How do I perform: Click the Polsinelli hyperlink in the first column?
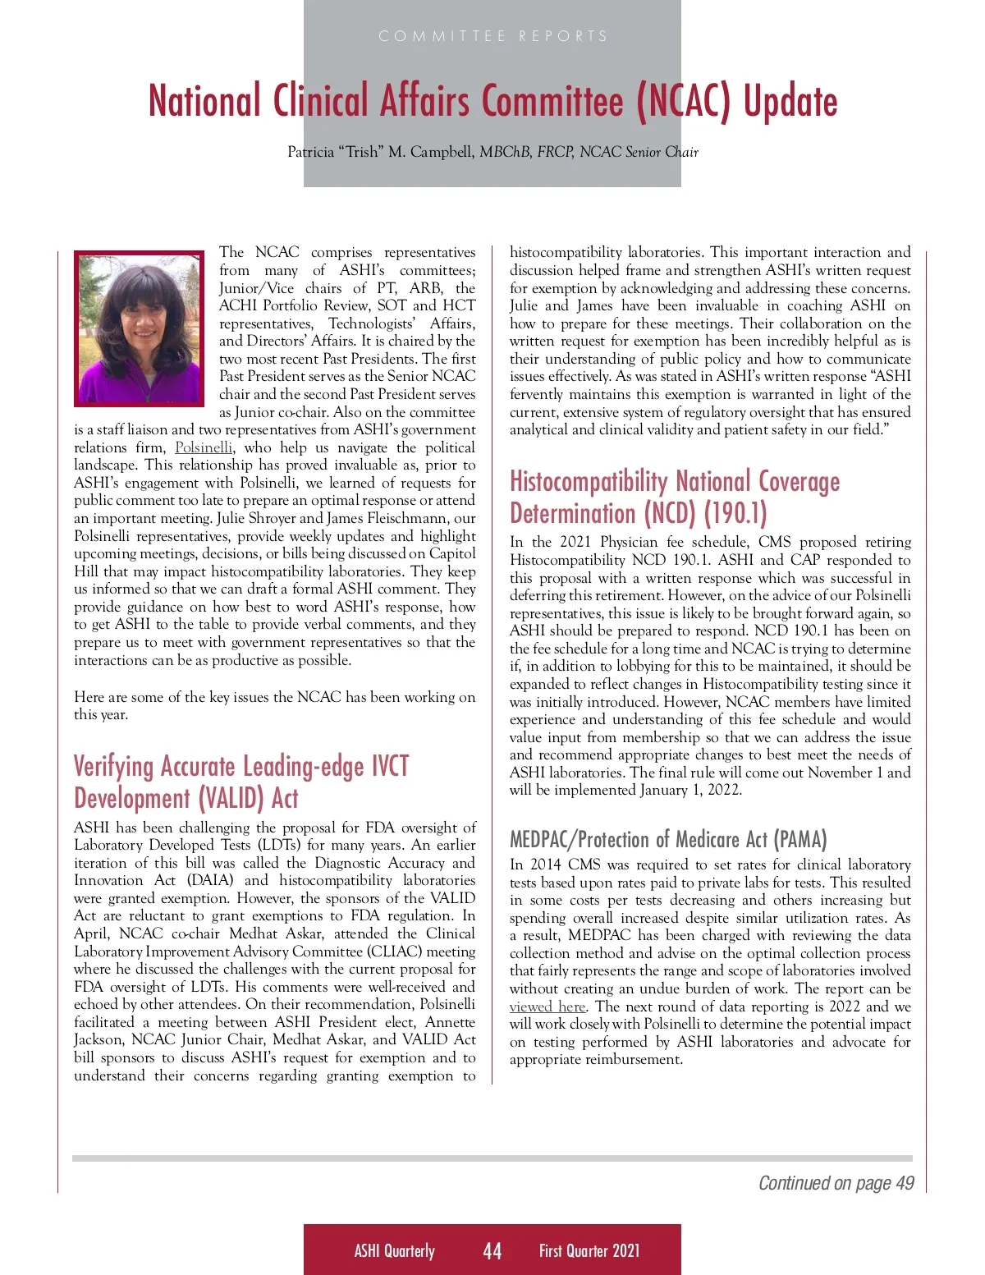(x=204, y=447)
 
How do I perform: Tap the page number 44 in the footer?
(x=492, y=1250)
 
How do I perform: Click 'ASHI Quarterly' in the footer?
(x=394, y=1250)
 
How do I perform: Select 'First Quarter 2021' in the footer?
(x=589, y=1250)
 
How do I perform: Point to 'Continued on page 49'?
(x=836, y=1183)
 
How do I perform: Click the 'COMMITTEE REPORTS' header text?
(x=492, y=36)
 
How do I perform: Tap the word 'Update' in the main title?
(x=790, y=101)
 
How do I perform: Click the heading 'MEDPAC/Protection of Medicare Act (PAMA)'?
(x=668, y=839)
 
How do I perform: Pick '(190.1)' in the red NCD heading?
(x=735, y=513)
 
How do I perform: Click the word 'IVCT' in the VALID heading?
(x=390, y=766)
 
